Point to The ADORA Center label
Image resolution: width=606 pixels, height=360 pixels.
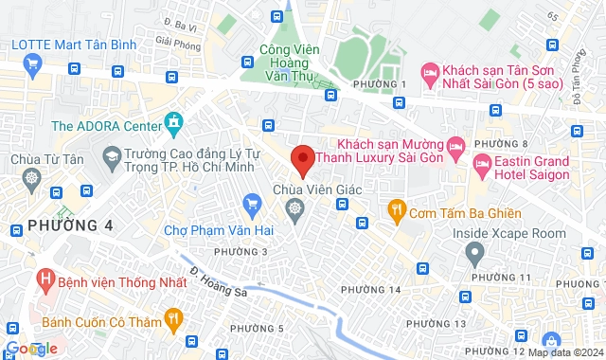(106, 125)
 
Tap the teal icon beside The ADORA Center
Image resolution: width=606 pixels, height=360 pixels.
(173, 123)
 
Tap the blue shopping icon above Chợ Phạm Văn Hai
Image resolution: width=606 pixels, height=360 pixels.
(251, 204)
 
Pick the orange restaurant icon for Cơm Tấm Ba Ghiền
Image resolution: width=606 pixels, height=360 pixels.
(396, 208)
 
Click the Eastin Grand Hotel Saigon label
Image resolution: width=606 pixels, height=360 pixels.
(532, 169)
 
